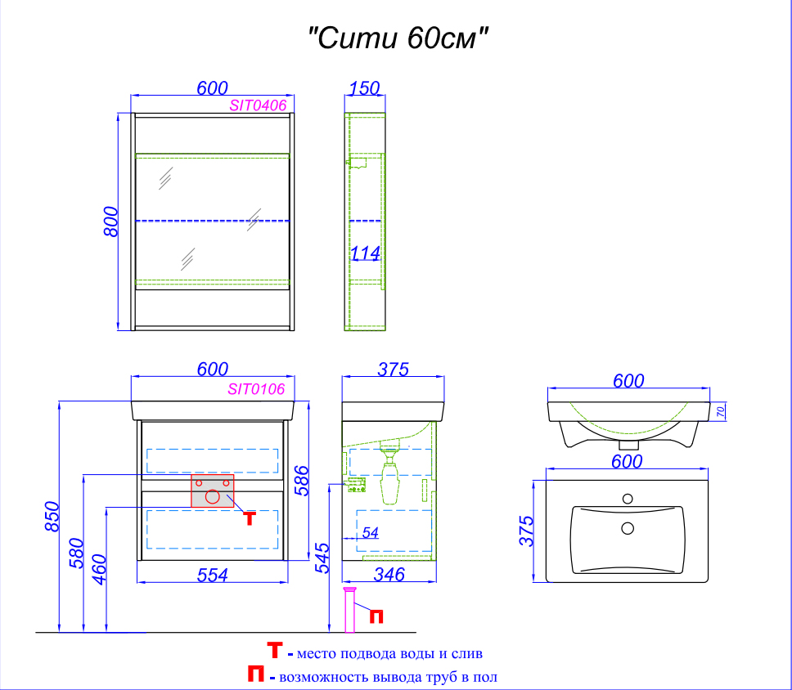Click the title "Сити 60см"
(x=398, y=38)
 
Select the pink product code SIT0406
(x=257, y=105)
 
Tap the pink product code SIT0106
(x=256, y=390)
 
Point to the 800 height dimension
(x=112, y=221)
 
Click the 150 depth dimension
(x=364, y=88)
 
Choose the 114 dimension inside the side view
(x=365, y=254)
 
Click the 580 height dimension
(x=75, y=553)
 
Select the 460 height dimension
(x=98, y=569)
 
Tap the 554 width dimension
(x=212, y=575)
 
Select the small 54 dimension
(x=370, y=533)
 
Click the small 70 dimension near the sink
(x=721, y=412)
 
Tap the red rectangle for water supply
(x=212, y=491)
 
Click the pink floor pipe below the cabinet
(x=350, y=611)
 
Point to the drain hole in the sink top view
(x=628, y=528)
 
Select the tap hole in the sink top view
(x=628, y=498)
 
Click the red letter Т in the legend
(x=276, y=652)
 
